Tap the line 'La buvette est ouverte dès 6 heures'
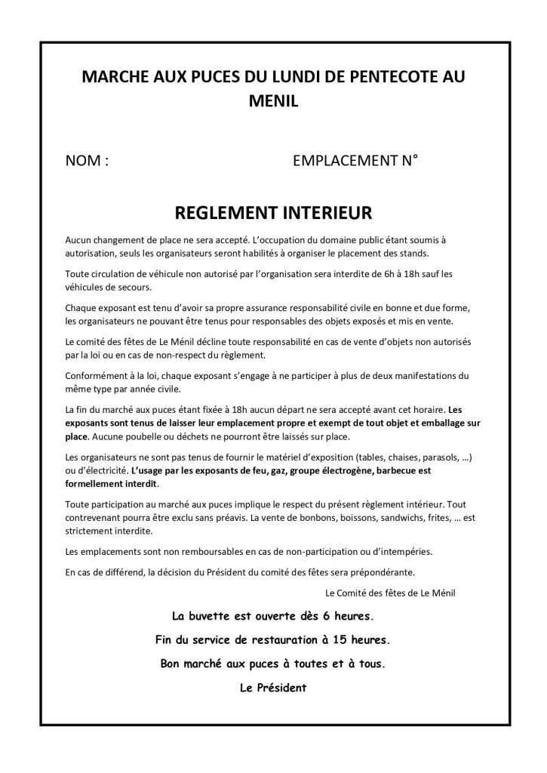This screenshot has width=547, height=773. (273, 615)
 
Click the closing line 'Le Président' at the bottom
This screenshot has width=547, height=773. (273, 687)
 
